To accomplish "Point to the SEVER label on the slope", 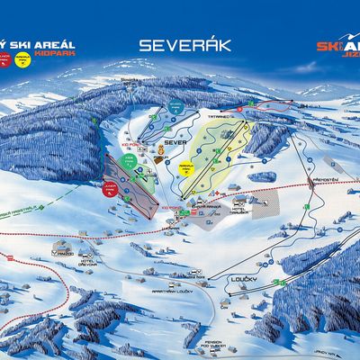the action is [177, 142].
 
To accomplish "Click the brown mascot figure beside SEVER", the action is [161, 146].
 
